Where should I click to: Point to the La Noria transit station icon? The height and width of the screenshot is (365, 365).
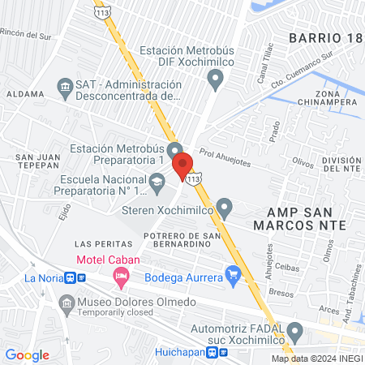[x=75, y=277]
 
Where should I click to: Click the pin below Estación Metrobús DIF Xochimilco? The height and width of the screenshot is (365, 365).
[x=215, y=79]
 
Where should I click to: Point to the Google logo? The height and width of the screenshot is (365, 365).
[x=28, y=354]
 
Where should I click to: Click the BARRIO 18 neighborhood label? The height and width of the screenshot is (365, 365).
[x=323, y=37]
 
